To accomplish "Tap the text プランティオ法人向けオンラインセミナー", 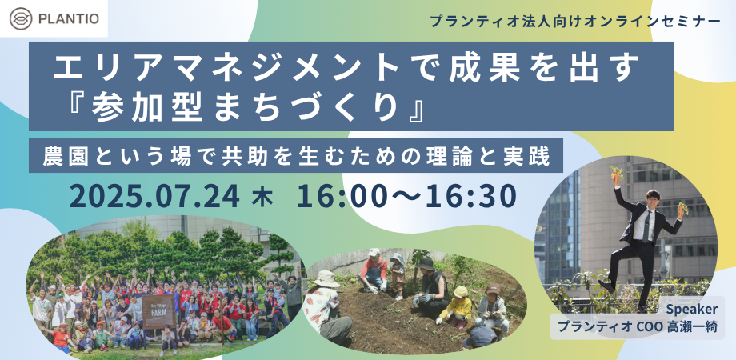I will pos(575,22).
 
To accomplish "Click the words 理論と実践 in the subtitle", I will pos(494,155).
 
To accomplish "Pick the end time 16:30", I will pos(468,197).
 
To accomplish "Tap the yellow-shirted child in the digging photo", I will pos(459,308).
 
